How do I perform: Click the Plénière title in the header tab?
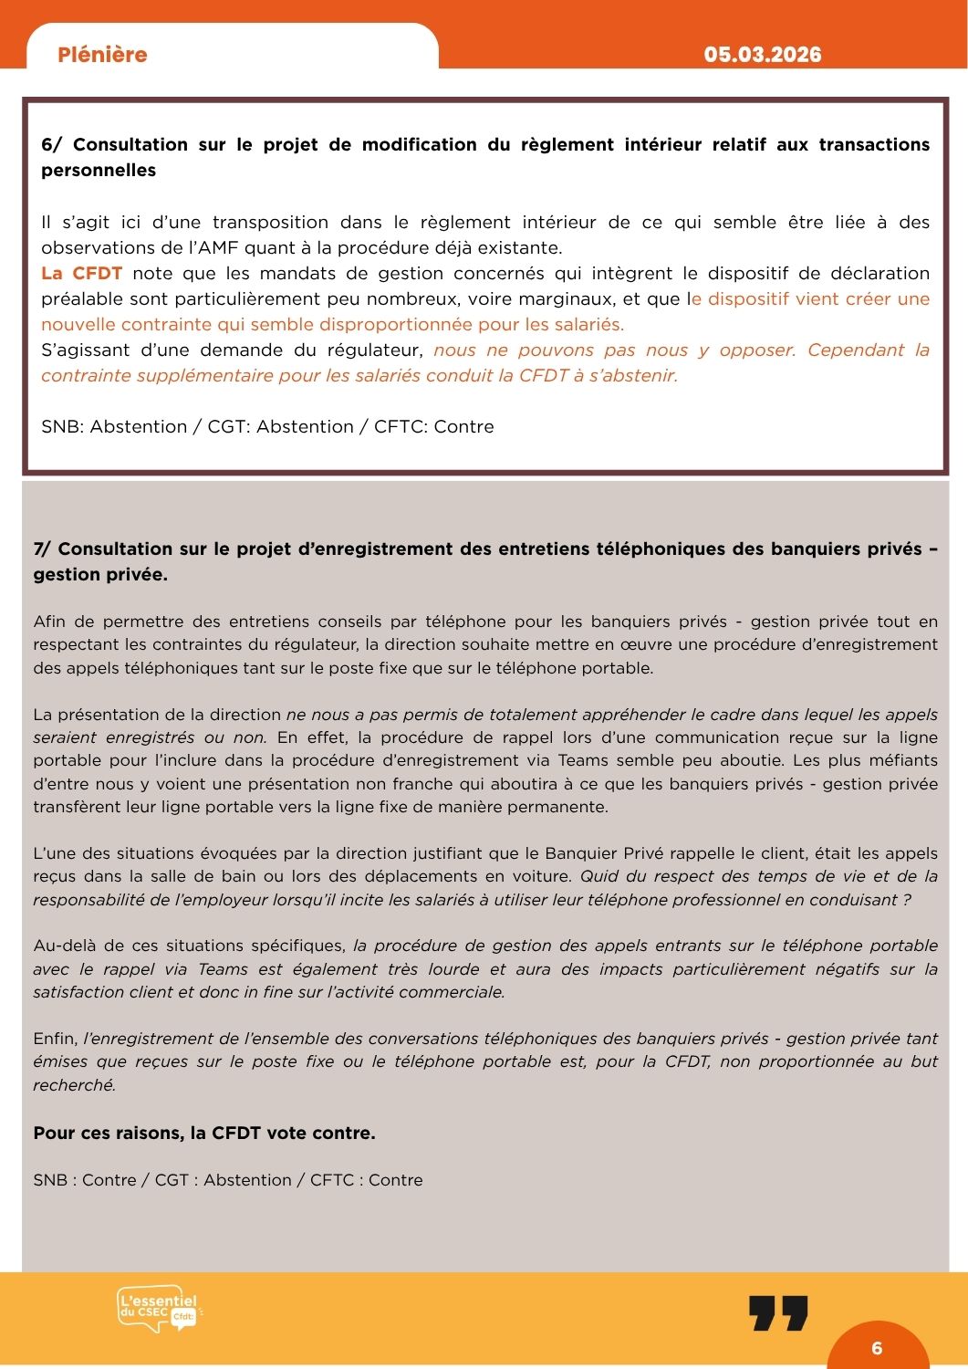(x=102, y=55)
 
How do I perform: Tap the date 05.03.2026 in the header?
(x=762, y=55)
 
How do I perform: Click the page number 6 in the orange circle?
(x=877, y=1348)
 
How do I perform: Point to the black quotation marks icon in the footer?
(x=778, y=1312)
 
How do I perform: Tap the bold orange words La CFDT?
(x=81, y=273)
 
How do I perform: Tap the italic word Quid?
(x=598, y=876)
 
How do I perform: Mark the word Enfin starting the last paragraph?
(x=55, y=1038)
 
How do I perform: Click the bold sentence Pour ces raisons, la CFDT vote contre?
(x=204, y=1133)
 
